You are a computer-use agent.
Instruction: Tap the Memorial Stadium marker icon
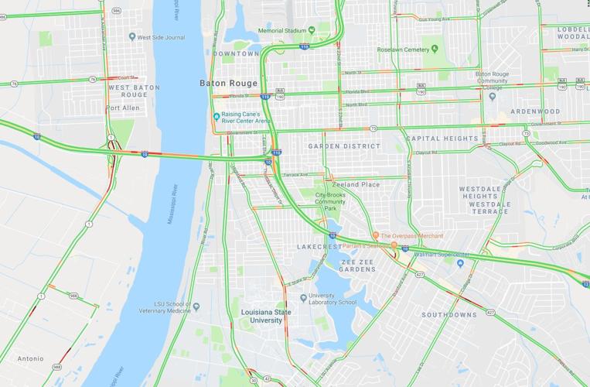click(x=311, y=30)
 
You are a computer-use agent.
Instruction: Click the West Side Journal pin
click(x=132, y=36)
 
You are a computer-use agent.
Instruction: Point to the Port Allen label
click(x=123, y=108)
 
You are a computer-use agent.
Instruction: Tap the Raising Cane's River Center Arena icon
click(x=217, y=117)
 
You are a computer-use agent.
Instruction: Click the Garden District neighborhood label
click(x=344, y=146)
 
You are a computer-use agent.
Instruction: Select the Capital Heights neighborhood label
click(x=442, y=139)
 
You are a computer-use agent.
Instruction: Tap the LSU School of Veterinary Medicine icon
click(x=196, y=307)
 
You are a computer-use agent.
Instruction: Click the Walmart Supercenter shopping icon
click(x=460, y=263)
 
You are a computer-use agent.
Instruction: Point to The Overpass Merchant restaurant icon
click(x=376, y=235)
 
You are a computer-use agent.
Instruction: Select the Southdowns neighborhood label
click(x=449, y=315)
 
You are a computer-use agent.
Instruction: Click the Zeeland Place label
click(x=356, y=184)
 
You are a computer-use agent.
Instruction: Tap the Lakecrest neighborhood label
click(x=319, y=247)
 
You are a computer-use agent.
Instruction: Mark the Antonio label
click(x=30, y=358)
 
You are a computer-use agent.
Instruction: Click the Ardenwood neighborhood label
click(x=535, y=111)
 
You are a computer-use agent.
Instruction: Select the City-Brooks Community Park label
click(x=330, y=202)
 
